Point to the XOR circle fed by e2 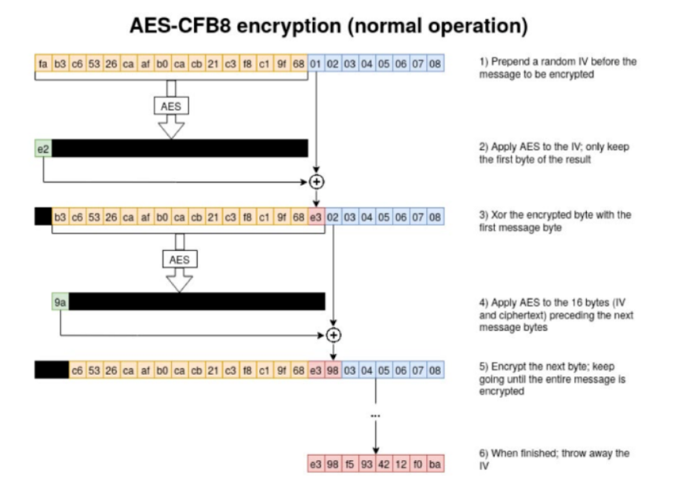(315, 182)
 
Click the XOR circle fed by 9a (334, 335)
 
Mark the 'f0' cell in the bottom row (418, 465)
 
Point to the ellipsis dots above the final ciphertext (376, 415)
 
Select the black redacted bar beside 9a (197, 302)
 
